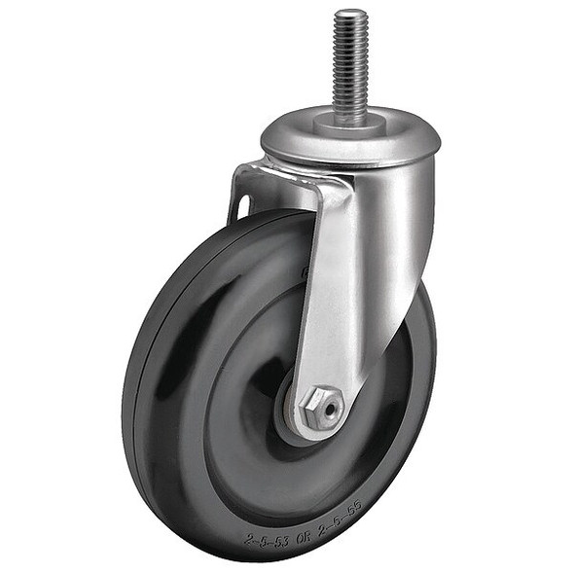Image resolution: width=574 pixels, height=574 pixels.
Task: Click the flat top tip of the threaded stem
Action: point(352,13)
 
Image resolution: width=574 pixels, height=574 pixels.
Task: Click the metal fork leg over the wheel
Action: point(326,292)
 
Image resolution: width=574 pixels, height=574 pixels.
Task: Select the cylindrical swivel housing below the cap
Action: point(389,224)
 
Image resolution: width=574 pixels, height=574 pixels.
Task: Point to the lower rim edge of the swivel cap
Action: point(350,158)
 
